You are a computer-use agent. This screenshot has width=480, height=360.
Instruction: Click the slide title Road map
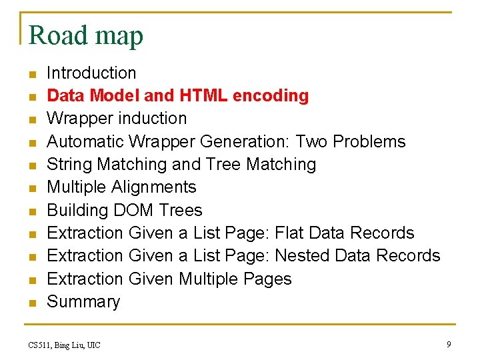coord(86,35)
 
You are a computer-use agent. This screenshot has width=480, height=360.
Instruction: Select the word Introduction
coord(91,73)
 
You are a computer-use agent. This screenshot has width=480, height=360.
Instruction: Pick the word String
coord(70,164)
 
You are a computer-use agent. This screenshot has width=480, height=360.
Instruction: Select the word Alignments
coord(154,187)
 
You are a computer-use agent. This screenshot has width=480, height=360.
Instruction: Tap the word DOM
coord(134,210)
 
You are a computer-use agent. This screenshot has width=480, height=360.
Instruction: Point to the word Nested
coord(303,255)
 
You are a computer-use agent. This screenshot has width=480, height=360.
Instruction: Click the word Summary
coord(83,301)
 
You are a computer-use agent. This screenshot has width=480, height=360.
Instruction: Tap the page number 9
coord(449,344)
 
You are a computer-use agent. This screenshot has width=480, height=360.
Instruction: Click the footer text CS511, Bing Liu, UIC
coord(64,345)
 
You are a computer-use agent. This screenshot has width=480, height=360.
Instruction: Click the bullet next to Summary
coord(31,303)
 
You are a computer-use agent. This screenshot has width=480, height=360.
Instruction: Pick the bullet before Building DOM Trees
coord(31,211)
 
